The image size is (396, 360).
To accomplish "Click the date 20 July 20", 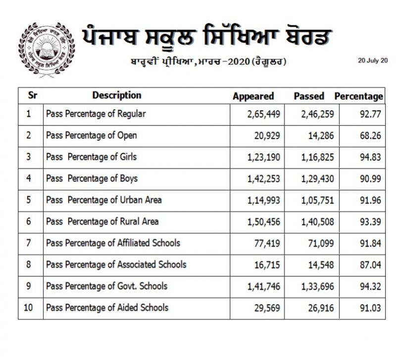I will click(372, 60).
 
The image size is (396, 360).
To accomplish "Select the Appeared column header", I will click(253, 96).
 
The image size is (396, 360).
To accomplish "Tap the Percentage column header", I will click(358, 96).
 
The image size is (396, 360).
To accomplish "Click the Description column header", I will click(117, 95).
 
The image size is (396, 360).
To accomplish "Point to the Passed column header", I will click(309, 96).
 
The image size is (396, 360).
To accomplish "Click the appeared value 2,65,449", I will click(264, 114).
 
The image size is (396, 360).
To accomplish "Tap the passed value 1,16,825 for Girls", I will click(317, 157).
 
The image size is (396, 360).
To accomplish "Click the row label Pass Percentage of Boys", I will click(92, 178).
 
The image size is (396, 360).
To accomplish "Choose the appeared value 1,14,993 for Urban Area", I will click(264, 200).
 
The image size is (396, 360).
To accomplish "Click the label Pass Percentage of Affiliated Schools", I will click(113, 243).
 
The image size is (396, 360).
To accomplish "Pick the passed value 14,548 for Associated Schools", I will click(320, 264).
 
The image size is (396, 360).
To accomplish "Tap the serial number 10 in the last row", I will click(28, 308).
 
